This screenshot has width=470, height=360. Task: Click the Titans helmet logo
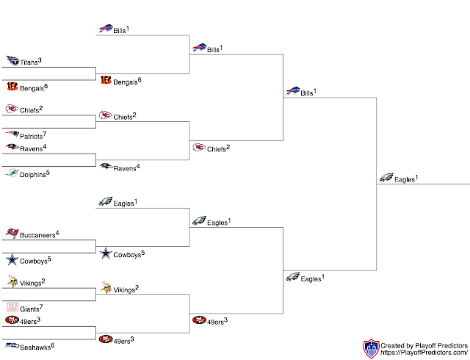pyautogui.click(x=12, y=61)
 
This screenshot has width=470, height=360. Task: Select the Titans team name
pyautogui.click(x=29, y=63)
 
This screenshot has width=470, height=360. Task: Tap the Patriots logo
pyautogui.click(x=12, y=134)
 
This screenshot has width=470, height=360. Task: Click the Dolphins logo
pyautogui.click(x=12, y=173)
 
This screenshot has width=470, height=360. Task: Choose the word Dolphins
pyautogui.click(x=32, y=175)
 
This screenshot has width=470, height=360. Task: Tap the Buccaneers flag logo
pyautogui.click(x=12, y=234)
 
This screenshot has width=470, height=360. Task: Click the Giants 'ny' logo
pyautogui.click(x=12, y=307)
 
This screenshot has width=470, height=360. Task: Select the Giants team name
pyautogui.click(x=29, y=309)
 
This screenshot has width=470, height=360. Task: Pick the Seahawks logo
pyautogui.click(x=12, y=345)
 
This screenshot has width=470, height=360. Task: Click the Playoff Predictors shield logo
pyautogui.click(x=372, y=348)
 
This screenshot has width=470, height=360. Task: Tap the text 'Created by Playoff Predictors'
pyautogui.click(x=424, y=345)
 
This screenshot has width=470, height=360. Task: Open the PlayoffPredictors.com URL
pyautogui.click(x=424, y=353)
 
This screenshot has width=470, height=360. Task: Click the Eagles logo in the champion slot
pyautogui.click(x=386, y=178)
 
